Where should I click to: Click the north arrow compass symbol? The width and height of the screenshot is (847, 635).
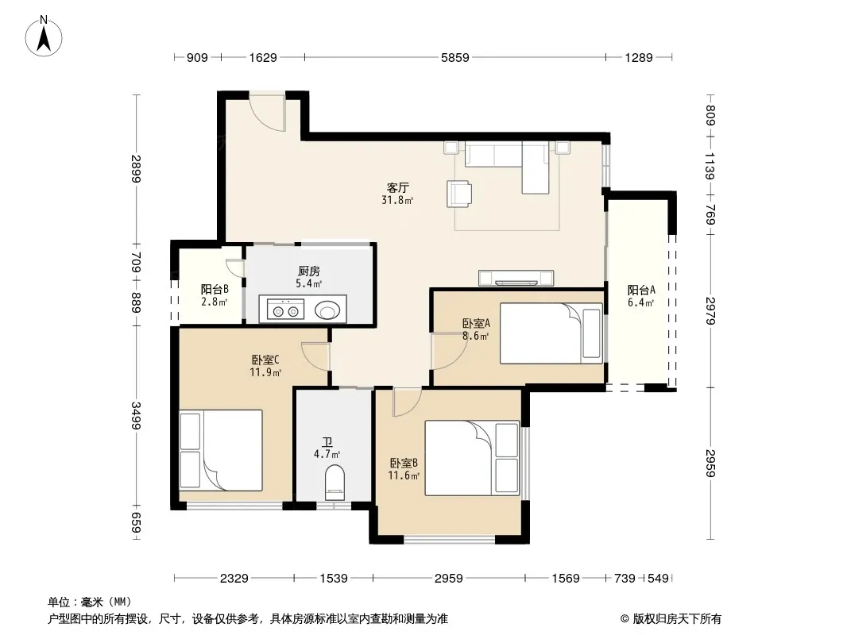coord(44,37)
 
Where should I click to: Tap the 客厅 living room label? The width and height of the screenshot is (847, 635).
coord(397,188)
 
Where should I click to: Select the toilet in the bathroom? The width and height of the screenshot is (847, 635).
coord(335,483)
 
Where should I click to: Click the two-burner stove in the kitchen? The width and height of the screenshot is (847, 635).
coord(286,311)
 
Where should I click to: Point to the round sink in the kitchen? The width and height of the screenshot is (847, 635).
coord(328,310)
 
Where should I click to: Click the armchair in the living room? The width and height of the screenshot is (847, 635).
coord(459,194)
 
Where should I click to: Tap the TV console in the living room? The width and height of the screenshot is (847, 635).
coord(516,277)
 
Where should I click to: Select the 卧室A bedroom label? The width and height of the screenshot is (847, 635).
coord(476,323)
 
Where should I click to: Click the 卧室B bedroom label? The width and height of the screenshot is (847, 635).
coord(404,463)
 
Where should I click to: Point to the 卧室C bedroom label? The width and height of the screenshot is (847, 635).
coord(265,360)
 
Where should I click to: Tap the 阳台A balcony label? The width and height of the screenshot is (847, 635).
coord(641,290)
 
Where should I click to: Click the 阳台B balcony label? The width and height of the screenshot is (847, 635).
coord(215,289)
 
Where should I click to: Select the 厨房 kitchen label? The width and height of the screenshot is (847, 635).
coord(309,271)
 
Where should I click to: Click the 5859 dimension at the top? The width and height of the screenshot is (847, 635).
coord(454,57)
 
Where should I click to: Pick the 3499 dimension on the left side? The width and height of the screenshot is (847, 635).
coord(136,416)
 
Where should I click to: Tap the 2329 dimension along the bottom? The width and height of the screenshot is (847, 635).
coord(234,579)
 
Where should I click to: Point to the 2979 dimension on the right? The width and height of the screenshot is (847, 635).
coord(711,311)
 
